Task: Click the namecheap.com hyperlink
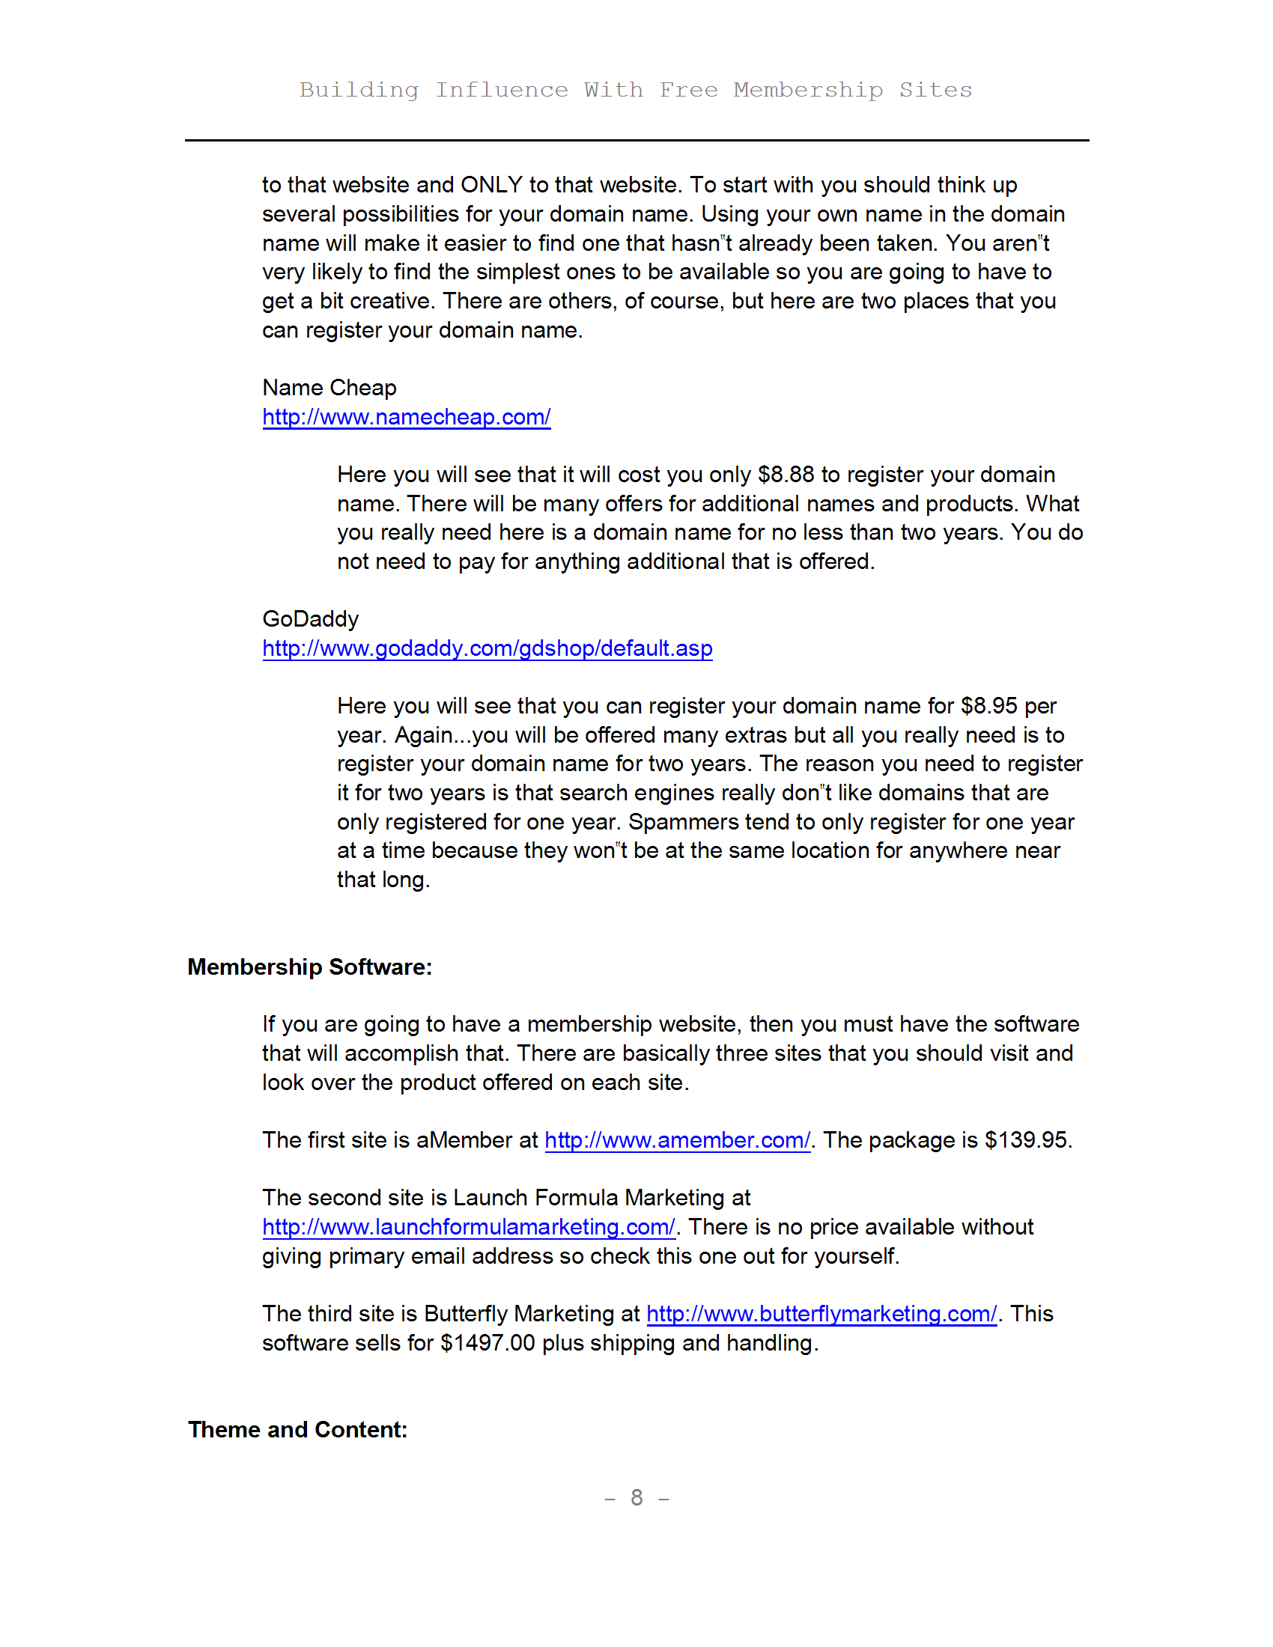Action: (406, 417)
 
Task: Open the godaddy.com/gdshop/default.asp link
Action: (487, 648)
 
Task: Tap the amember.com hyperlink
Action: (677, 1140)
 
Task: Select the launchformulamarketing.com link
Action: (468, 1227)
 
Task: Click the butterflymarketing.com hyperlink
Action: (821, 1314)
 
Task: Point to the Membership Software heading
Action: (309, 966)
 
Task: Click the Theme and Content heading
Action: (297, 1430)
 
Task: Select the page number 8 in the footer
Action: (636, 1498)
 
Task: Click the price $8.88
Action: (786, 475)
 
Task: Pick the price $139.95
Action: (1027, 1140)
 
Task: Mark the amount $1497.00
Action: (488, 1343)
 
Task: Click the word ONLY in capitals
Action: (492, 185)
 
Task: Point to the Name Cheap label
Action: (329, 388)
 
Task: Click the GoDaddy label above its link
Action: (310, 619)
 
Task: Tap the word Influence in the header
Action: (502, 90)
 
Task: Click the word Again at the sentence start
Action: (423, 735)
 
